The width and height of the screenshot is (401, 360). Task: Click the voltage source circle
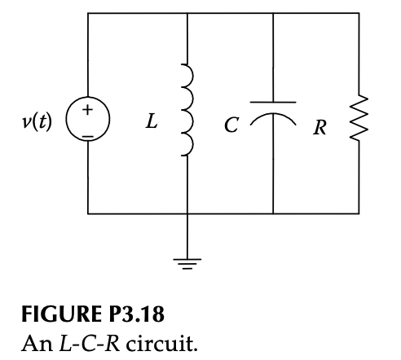tap(88, 122)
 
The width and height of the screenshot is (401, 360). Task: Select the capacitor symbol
tap(272, 113)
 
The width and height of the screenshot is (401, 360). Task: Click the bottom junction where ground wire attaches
tap(188, 213)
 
